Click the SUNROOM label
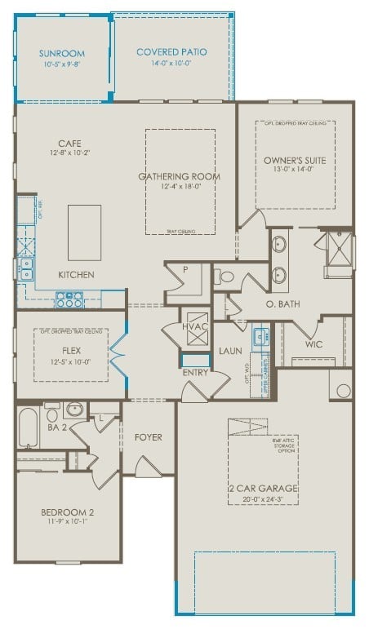click(x=61, y=54)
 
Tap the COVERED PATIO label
click(x=171, y=52)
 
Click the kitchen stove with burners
click(x=69, y=299)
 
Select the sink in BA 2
click(x=73, y=409)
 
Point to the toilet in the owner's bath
click(x=223, y=277)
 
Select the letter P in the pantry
click(x=185, y=269)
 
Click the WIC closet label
click(x=315, y=344)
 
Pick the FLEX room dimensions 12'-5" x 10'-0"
click(x=70, y=361)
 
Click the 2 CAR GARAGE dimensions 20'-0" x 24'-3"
click(x=263, y=499)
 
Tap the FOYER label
click(x=149, y=437)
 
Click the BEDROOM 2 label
click(x=69, y=512)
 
